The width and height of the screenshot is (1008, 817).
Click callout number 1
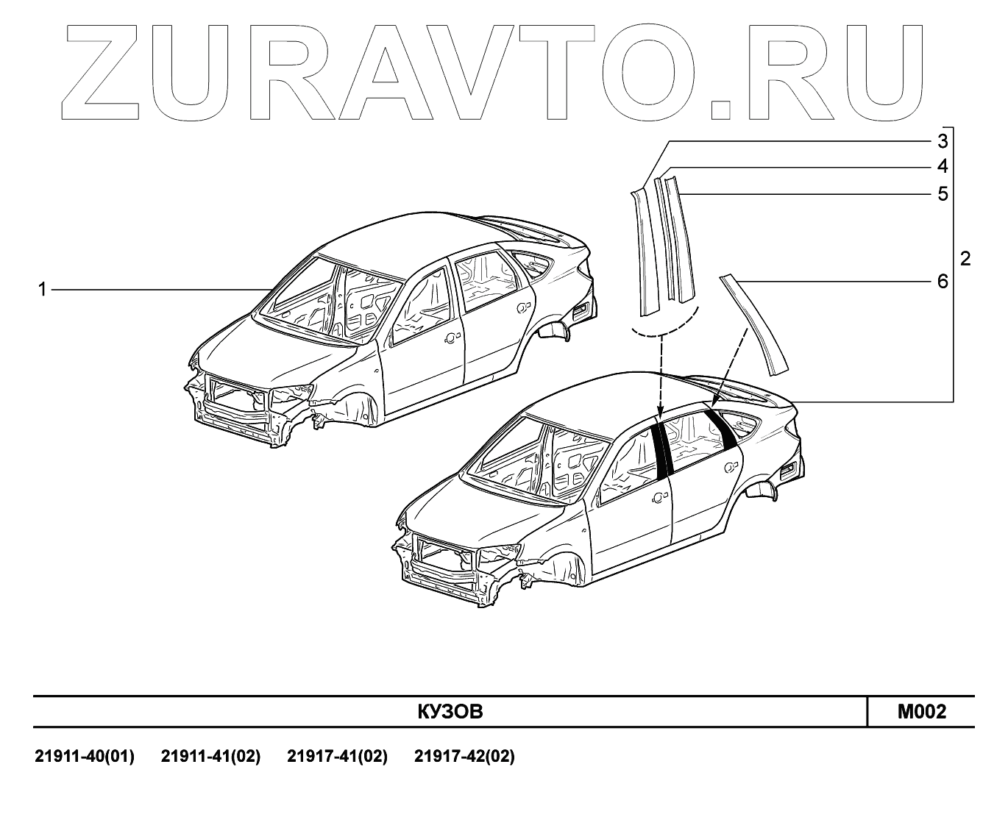(42, 290)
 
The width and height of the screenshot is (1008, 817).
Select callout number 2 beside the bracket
(965, 259)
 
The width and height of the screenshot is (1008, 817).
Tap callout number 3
(943, 140)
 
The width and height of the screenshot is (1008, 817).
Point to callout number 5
(943, 194)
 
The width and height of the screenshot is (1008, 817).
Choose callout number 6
(943, 281)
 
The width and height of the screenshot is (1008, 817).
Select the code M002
(921, 711)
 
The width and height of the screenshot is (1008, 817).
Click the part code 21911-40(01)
(85, 756)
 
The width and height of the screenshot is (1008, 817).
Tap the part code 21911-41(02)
(210, 756)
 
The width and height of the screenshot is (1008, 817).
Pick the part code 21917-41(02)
(337, 756)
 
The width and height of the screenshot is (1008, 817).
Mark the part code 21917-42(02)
(464, 756)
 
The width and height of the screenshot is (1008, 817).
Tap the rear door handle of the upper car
(523, 306)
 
